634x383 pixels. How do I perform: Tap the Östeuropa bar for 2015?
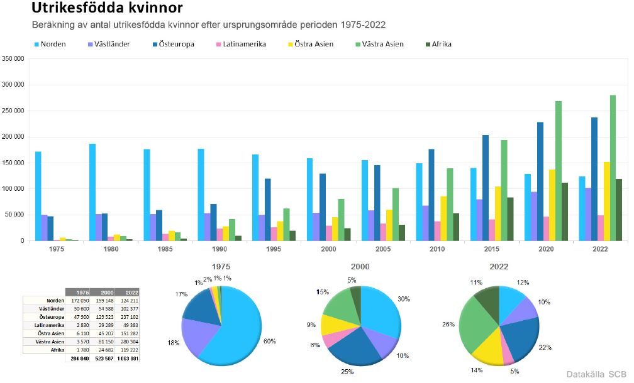486,188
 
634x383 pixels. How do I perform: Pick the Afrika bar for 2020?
565,212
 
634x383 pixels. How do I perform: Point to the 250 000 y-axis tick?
13,111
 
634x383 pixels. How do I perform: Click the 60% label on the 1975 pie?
269,341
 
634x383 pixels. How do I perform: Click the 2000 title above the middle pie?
360,266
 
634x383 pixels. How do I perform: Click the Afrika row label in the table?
57,350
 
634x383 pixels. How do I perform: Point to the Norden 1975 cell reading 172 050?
79,300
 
